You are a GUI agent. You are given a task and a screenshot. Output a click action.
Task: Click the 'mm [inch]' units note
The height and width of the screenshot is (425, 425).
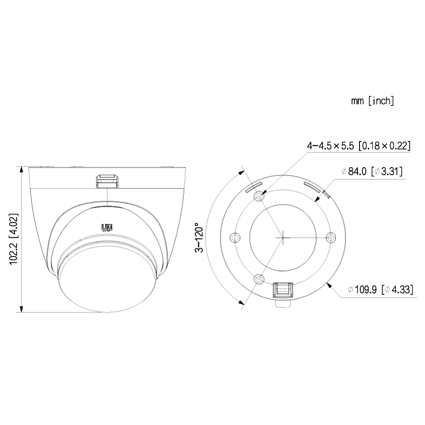coord(372,101)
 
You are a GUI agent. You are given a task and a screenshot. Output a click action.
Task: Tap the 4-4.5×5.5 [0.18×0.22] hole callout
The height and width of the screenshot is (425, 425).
coord(359,146)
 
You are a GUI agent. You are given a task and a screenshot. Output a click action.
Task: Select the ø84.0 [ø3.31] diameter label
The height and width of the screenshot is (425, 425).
coord(372,171)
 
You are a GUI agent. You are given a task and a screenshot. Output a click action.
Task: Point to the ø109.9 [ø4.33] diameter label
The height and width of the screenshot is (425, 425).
coord(381,290)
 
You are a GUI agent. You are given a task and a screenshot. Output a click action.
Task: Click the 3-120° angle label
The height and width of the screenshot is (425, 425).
coord(199,237)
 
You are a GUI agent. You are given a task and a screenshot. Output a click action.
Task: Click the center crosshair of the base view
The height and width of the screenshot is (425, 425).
coord(283,237)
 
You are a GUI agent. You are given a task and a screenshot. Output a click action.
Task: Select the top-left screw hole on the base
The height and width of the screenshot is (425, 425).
coord(259,196)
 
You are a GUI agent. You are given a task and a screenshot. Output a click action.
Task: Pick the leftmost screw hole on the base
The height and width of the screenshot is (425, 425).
coord(235,238)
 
